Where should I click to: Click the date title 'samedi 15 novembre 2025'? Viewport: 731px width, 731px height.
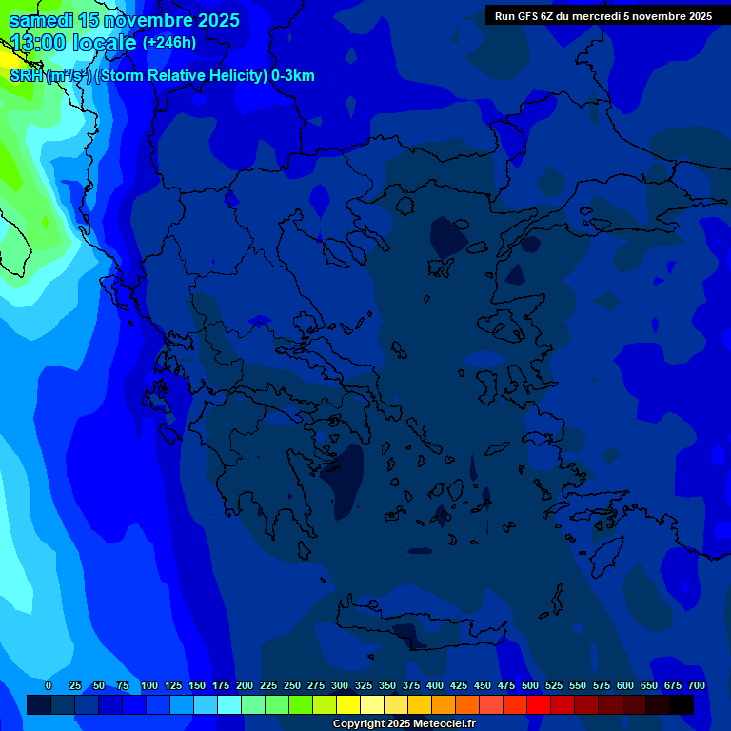click(125, 20)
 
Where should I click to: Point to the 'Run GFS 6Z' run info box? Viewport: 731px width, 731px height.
click(603, 16)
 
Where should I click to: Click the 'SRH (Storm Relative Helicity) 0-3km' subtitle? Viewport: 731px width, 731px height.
click(162, 76)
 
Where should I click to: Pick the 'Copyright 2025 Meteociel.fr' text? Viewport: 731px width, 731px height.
click(404, 724)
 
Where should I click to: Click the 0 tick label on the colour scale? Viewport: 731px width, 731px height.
click(49, 685)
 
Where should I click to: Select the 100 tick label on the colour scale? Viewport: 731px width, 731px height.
click(149, 685)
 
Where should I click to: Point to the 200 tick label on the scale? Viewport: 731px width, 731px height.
click(245, 685)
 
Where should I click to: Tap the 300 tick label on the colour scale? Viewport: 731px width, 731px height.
click(340, 685)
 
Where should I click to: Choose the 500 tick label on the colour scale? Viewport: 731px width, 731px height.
click(530, 685)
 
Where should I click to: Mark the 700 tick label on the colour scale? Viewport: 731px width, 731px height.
click(696, 685)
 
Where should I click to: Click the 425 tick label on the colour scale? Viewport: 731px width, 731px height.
click(459, 685)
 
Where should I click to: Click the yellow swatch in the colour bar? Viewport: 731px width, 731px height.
click(348, 704)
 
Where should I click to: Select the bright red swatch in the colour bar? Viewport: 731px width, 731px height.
click(539, 704)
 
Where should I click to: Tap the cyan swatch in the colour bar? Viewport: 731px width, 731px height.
click(229, 704)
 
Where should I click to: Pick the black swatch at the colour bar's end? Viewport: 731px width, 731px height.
click(682, 704)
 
